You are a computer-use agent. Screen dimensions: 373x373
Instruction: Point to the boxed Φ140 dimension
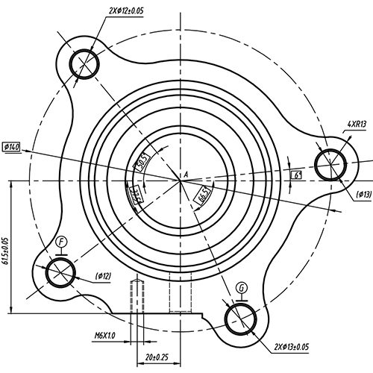pyautogui.click(x=13, y=146)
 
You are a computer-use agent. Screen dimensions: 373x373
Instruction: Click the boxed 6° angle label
pyautogui.click(x=297, y=175)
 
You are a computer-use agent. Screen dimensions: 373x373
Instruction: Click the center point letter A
pyautogui.click(x=185, y=173)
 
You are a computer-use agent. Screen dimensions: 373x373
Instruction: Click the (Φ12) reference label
pyautogui.click(x=103, y=277)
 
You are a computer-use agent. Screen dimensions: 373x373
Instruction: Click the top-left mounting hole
pyautogui.click(x=84, y=63)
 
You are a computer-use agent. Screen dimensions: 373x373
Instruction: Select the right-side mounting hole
pyautogui.click(x=329, y=165)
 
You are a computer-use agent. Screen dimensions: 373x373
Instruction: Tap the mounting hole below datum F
pyautogui.click(x=58, y=273)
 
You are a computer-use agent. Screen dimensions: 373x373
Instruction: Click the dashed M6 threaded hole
pyautogui.click(x=137, y=295)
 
